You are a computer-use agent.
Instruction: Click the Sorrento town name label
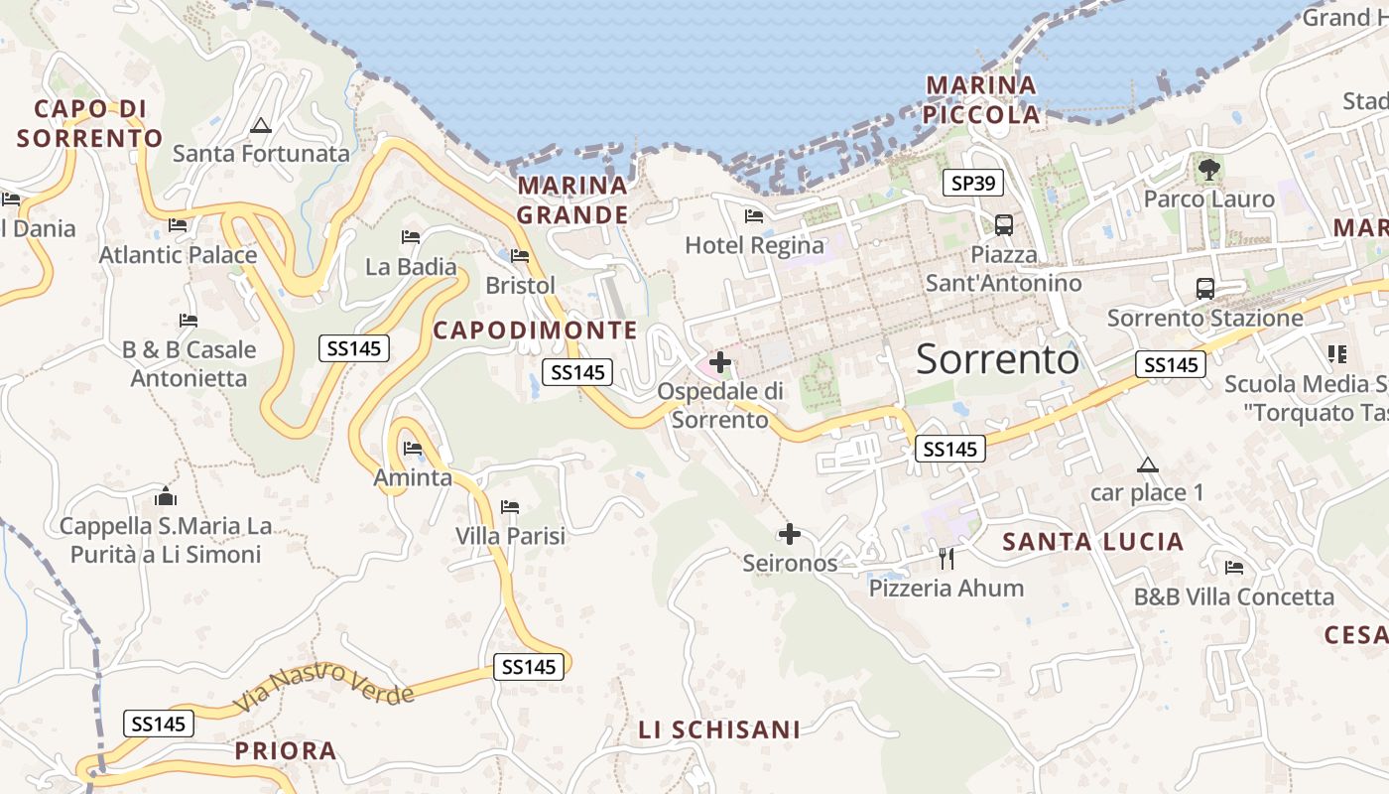coord(997,359)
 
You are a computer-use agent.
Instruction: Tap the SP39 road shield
coord(972,183)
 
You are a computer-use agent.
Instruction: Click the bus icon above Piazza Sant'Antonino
coord(1004,224)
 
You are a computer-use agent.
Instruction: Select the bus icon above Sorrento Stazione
coord(1204,289)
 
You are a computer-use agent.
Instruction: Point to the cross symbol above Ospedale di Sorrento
coord(720,362)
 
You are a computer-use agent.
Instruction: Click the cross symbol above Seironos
coord(790,535)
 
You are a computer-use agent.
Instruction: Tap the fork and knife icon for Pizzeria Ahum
coord(946,559)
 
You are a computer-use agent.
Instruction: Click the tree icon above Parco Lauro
coord(1208,170)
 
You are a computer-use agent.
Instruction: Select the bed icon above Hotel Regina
coord(754,216)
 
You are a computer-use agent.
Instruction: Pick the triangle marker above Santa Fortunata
coord(261,126)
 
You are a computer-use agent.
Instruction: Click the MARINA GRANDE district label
coord(573,199)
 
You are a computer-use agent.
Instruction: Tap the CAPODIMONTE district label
coord(536,331)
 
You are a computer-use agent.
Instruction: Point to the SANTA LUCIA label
coord(1093,542)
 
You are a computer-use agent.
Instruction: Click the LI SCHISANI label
coord(719,730)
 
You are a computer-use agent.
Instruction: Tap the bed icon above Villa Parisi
coord(510,507)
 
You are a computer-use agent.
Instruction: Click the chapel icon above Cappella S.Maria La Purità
coord(166,496)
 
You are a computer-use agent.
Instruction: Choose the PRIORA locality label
coord(286,750)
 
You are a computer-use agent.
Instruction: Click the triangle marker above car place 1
coord(1148,464)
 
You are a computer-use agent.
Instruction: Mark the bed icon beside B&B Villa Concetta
coord(1234,568)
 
